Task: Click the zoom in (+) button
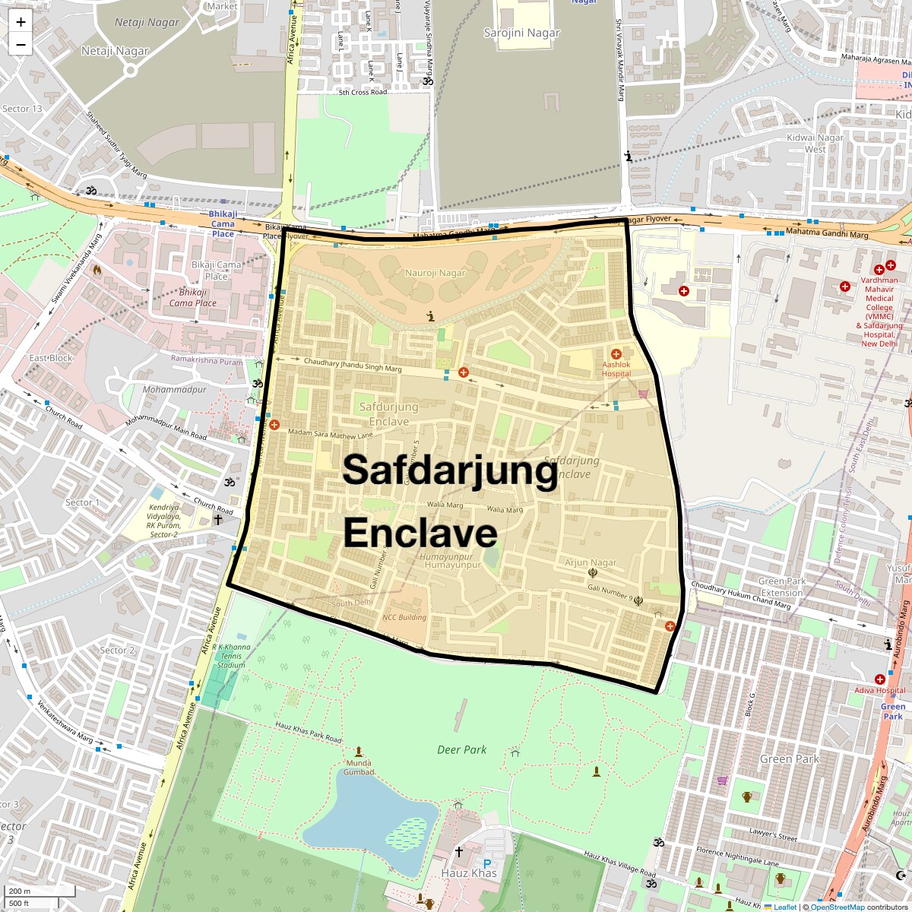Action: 21,22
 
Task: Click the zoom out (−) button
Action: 21,45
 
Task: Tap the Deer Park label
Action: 461,750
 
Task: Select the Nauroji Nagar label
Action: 435,273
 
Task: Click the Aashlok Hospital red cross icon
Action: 616,354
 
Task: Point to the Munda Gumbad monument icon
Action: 359,752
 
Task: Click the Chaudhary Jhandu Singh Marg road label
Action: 353,365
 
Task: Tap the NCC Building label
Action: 404,618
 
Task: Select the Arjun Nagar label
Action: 591,563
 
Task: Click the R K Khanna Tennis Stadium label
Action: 231,656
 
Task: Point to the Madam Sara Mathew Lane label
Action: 331,434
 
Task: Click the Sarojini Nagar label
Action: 521,33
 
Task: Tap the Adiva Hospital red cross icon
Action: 880,679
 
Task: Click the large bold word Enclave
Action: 420,533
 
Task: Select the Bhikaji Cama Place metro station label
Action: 223,224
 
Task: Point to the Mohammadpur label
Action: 174,389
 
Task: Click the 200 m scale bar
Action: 38,891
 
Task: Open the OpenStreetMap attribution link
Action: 837,907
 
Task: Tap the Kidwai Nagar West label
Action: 815,143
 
